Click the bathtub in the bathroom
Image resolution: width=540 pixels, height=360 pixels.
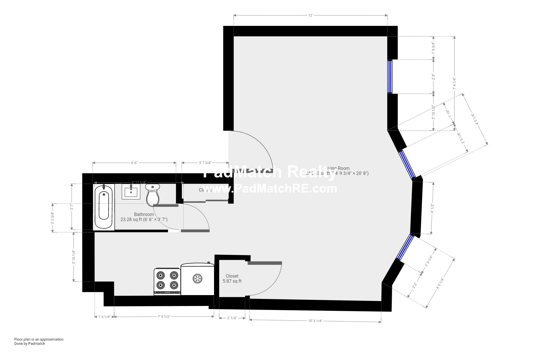coord(103,207)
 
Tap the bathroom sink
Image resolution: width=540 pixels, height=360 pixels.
coord(131,192)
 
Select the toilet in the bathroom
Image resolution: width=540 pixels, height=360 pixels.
coord(153,194)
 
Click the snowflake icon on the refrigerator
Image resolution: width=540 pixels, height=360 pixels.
coord(197,279)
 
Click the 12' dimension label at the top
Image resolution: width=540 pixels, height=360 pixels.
coord(310,15)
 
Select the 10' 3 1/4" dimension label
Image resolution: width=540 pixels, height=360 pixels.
coord(315,321)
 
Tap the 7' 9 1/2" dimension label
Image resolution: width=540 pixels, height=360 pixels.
coord(164,317)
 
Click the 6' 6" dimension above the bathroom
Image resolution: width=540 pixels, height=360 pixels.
coord(134,163)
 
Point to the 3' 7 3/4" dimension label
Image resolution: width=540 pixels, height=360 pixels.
coord(205,163)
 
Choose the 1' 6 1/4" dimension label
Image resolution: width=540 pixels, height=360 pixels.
coord(104,317)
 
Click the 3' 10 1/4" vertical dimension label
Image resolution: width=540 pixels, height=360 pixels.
coord(74,257)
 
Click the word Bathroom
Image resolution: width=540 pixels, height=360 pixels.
coord(144,214)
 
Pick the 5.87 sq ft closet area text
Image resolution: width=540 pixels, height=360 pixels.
coord(232,281)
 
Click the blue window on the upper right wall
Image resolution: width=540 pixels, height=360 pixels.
coord(390,76)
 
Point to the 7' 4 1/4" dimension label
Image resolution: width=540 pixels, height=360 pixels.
coord(454,84)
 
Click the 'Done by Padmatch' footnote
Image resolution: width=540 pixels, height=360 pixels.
coord(30,343)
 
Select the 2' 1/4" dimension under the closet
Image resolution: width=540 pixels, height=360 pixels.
coord(232,318)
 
